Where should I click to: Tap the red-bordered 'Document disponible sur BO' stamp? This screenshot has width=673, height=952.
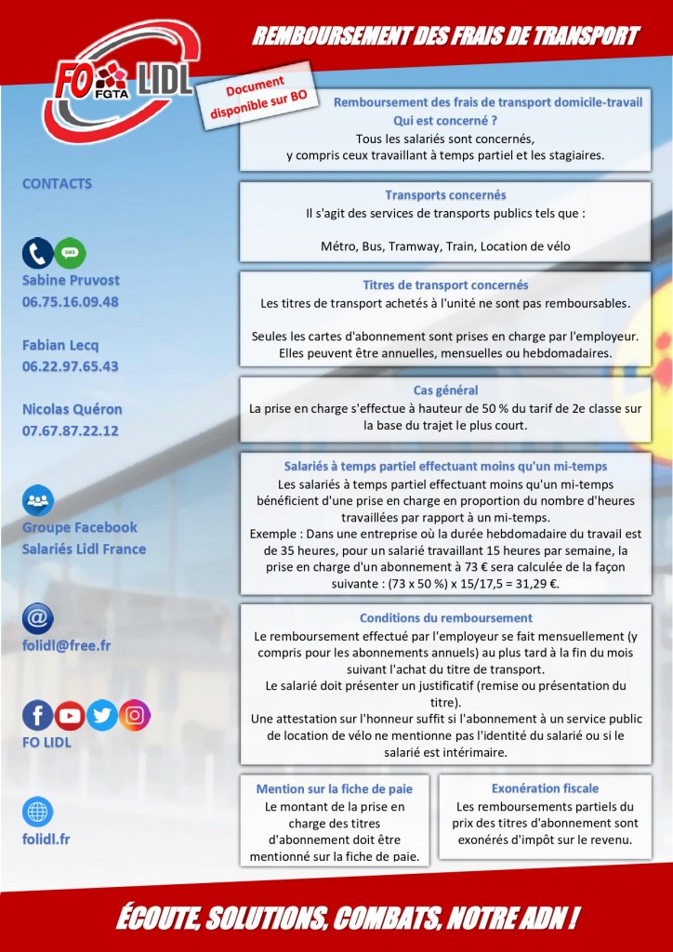pos(264,97)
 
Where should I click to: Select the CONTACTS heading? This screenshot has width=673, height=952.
pos(57,183)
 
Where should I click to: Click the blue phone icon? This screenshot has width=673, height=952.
pos(38,253)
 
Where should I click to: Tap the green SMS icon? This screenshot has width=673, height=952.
pos(70,253)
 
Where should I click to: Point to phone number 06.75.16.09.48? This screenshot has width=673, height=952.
pos(71,301)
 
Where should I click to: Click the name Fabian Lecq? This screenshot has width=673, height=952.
pos(60,345)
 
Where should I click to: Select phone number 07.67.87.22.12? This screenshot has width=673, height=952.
pos(71,430)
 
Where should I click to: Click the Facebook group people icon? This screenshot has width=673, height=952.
pos(38,501)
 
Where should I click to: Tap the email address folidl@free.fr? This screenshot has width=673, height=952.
pos(67,645)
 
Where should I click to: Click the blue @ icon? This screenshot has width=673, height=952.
pos(38,618)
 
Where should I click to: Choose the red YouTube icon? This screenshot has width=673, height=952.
pos(70,715)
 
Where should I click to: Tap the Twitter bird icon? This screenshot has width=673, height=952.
pos(102,715)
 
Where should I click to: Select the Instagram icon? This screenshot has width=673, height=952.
pos(134,715)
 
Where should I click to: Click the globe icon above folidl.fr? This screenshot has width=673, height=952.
pos(38,812)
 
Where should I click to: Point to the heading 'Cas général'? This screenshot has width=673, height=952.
pos(445,390)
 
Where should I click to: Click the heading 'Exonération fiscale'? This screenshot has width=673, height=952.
pos(545,787)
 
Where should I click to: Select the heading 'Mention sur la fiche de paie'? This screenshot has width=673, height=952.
pos(335,788)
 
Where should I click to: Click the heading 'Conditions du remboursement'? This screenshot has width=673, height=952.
pos(445,617)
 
